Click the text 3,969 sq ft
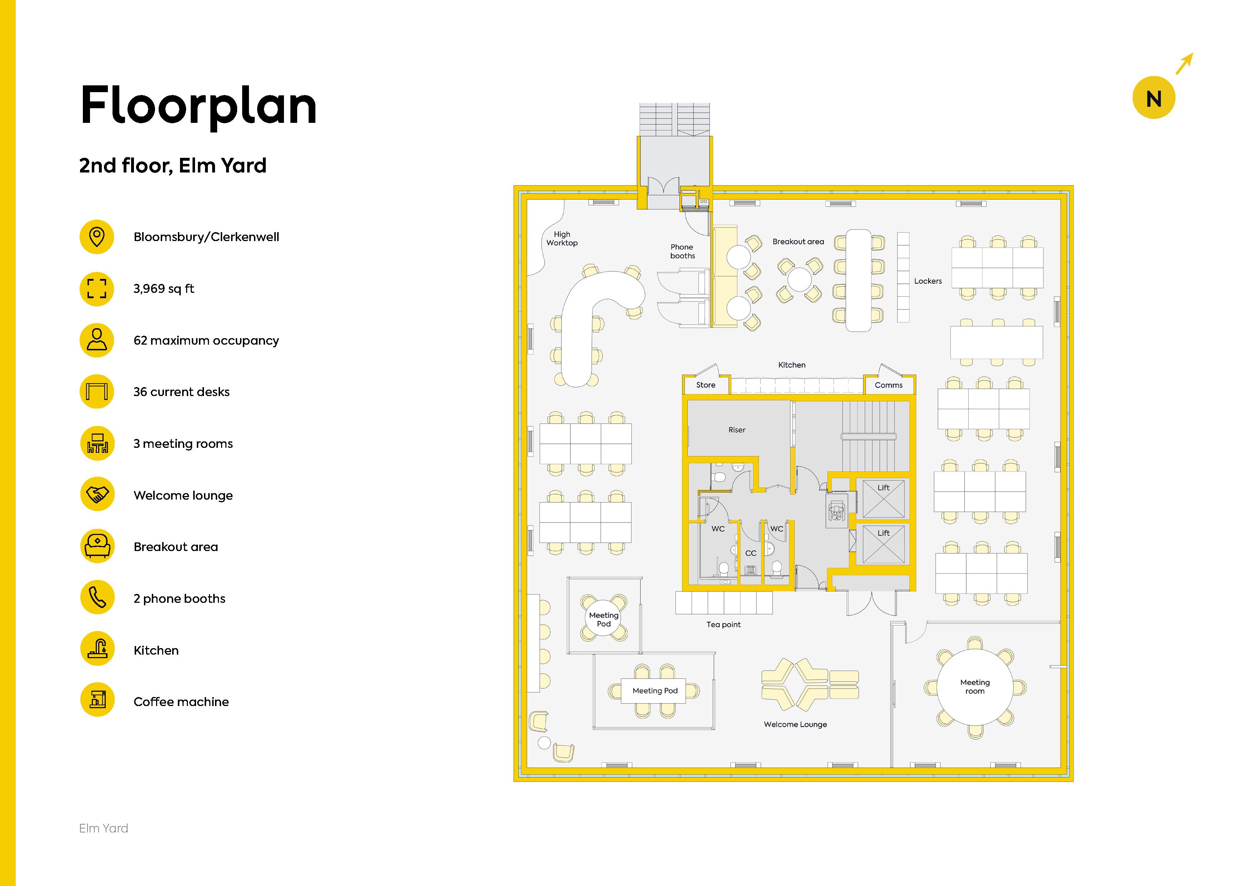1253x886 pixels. [x=164, y=289]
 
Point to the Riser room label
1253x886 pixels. [x=737, y=430]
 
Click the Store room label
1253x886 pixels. [x=706, y=385]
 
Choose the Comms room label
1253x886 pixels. [x=888, y=385]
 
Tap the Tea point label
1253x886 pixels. [x=724, y=625]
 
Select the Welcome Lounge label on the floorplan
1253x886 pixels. [x=795, y=725]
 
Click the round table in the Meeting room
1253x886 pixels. [x=975, y=686]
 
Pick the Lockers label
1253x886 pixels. [x=928, y=281]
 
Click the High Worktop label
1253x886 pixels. [x=562, y=239]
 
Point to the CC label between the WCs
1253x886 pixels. [x=751, y=553]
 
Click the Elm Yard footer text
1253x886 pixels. [x=104, y=828]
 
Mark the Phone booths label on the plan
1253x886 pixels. [x=682, y=251]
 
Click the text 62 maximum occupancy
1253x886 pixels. [x=206, y=340]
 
